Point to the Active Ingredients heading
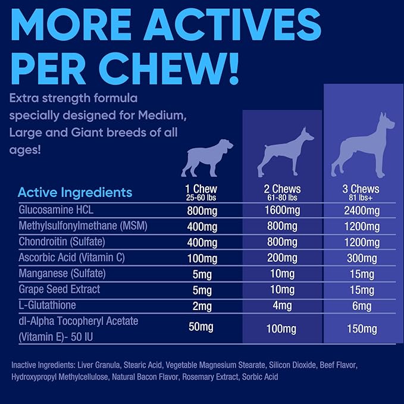point(75,193)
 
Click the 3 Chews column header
point(361,189)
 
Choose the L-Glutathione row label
point(48,305)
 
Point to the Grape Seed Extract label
point(59,289)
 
